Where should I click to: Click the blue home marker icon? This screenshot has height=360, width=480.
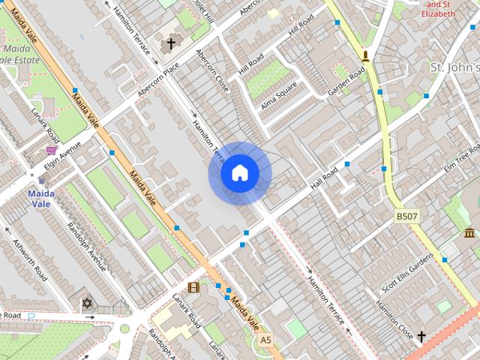click(x=239, y=173)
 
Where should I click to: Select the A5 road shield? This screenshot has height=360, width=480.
click(x=265, y=340)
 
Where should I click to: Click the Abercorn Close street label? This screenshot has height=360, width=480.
click(x=211, y=71)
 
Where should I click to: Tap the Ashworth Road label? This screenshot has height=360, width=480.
click(x=30, y=259)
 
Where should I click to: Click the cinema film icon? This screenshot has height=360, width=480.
click(x=193, y=286)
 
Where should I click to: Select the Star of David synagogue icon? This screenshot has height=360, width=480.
click(x=86, y=304)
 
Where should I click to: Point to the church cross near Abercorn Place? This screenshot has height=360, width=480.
click(x=170, y=43)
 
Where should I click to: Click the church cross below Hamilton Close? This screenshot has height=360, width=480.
click(x=421, y=336)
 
